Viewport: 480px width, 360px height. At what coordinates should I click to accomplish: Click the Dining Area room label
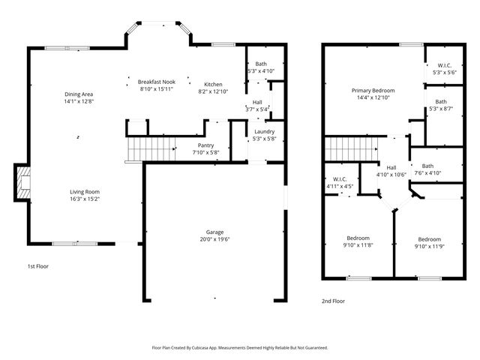coord(79,94)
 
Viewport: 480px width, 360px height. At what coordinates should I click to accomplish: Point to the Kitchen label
coord(214,84)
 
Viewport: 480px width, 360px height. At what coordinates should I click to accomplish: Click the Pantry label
coord(206,145)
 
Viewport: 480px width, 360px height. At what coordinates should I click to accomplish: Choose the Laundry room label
coord(265,131)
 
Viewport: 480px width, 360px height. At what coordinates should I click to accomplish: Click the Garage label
coord(215,232)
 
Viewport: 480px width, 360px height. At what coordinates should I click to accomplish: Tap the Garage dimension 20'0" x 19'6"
coord(215,240)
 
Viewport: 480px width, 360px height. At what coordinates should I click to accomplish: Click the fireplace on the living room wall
coord(23,184)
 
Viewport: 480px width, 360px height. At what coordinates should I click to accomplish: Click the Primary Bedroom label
coord(373,90)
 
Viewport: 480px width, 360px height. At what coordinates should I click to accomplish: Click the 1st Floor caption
coord(38,266)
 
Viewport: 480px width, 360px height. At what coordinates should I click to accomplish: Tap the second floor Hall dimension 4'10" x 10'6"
coord(391,174)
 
